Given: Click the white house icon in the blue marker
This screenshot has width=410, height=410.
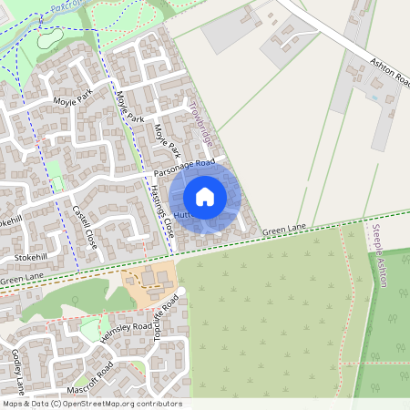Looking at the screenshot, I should click(205, 197).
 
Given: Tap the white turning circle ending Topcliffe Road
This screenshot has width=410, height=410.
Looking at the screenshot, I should click(180, 291).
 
